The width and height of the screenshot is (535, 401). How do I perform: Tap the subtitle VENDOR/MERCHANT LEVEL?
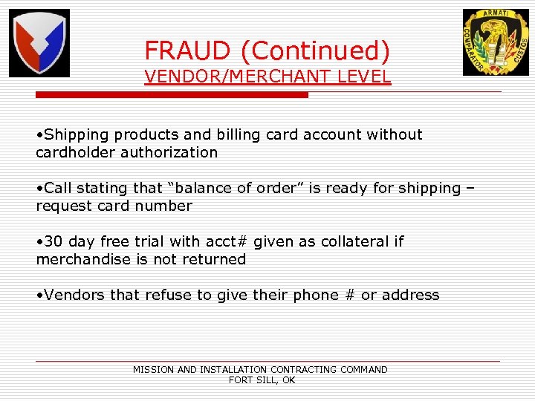[x=267, y=76]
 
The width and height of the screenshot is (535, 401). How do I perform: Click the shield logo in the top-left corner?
[x=39, y=43]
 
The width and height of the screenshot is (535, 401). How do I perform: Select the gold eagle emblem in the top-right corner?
[x=496, y=42]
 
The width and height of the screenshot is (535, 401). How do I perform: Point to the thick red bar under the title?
[x=172, y=95]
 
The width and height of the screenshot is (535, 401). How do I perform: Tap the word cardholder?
[x=72, y=153]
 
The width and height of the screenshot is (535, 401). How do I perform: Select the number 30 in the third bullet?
[x=53, y=242]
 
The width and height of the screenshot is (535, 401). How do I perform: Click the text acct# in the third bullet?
[x=227, y=242]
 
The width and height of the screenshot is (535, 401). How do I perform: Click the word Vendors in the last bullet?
[x=74, y=296]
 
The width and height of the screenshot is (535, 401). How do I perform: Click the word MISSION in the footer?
[x=154, y=369]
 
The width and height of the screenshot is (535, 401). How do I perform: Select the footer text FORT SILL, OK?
[x=262, y=380]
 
